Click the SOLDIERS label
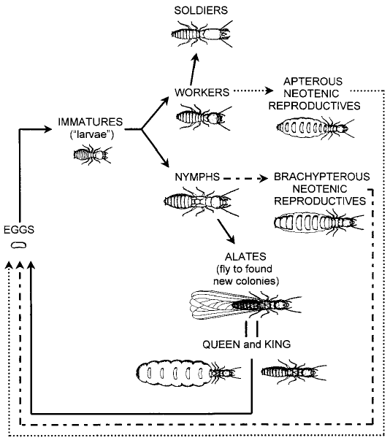[201, 10]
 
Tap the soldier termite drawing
[202, 34]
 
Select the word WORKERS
[202, 93]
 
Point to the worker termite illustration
[204, 117]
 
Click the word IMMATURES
[91, 122]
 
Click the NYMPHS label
[197, 177]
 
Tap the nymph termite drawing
[202, 201]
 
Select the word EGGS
[19, 230]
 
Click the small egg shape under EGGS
[19, 245]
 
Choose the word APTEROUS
[313, 81]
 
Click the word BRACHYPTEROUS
[322, 177]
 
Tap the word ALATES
[245, 257]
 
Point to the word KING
[278, 344]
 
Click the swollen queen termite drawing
[188, 373]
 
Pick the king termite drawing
[294, 372]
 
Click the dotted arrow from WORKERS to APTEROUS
[253, 91]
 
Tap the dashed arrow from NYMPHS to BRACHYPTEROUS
[245, 179]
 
